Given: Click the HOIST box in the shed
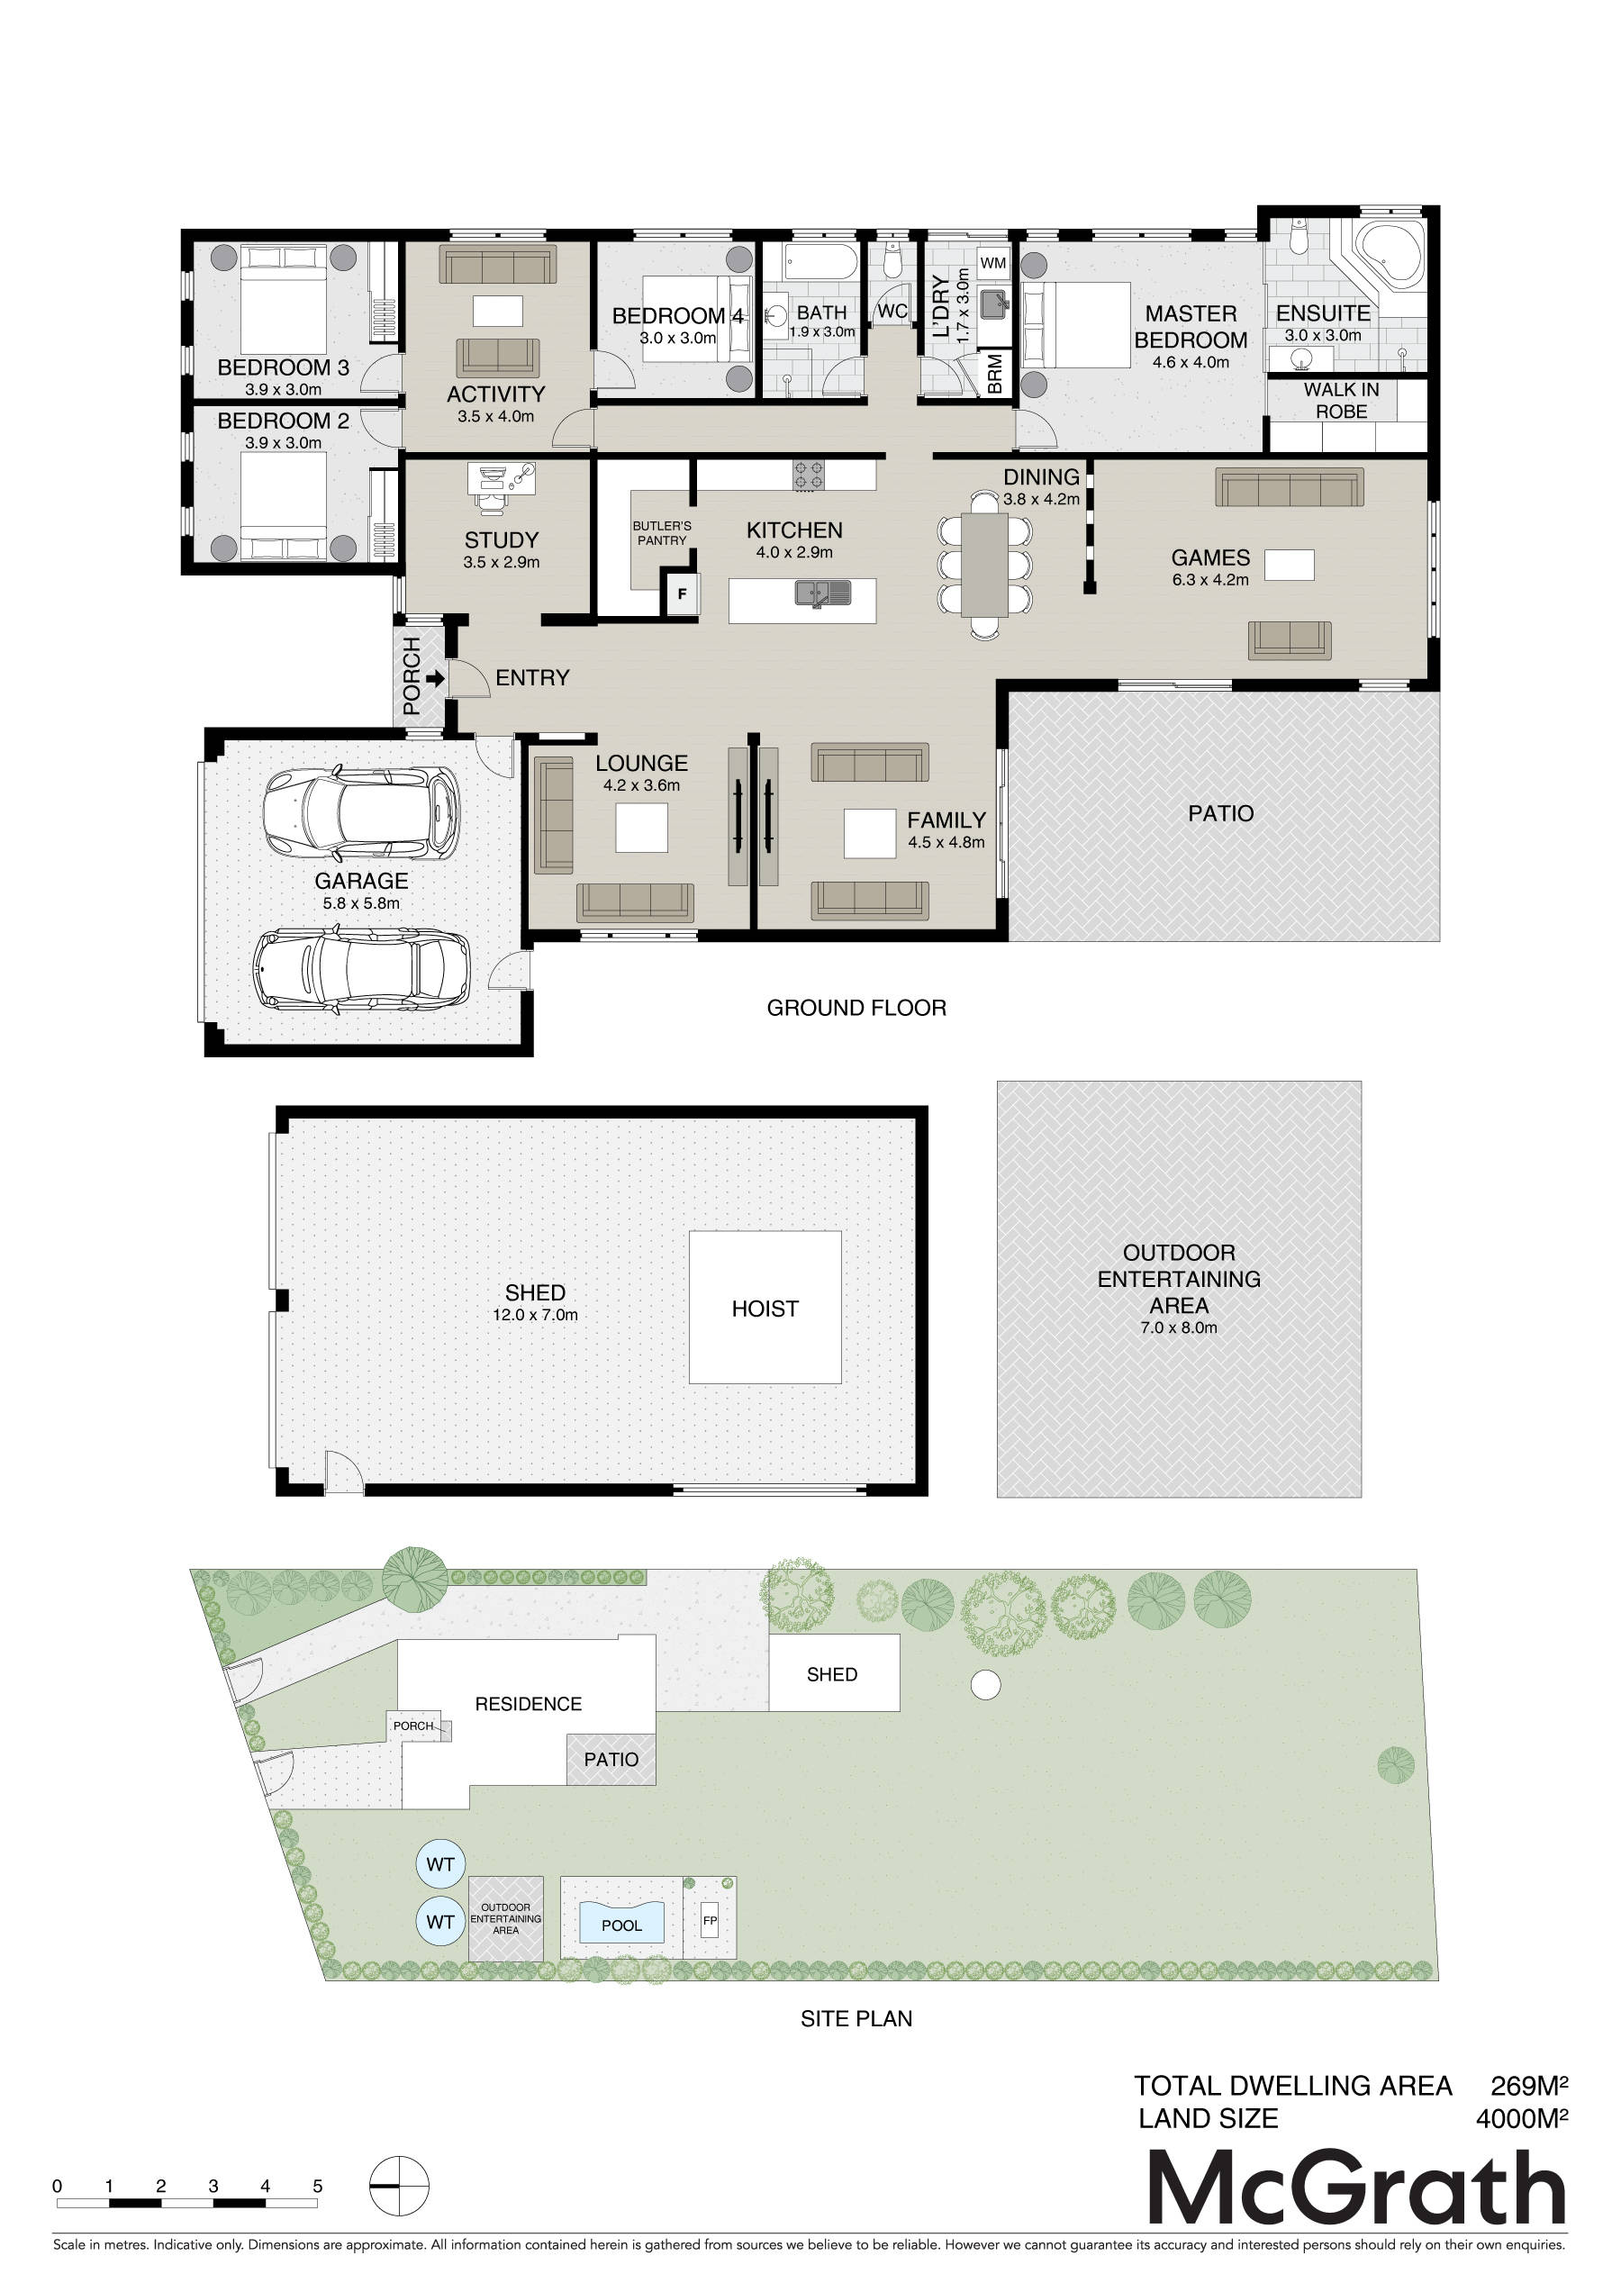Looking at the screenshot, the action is pyautogui.click(x=765, y=1307).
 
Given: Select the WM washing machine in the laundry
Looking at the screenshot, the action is pyautogui.click(x=993, y=264).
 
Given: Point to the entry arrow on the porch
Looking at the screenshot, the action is pyautogui.click(x=435, y=679).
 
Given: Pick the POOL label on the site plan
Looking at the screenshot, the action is pyautogui.click(x=622, y=1925).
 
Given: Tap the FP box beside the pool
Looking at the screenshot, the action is pyautogui.click(x=710, y=1921).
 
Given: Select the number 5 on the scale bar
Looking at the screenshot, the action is pyautogui.click(x=317, y=2187).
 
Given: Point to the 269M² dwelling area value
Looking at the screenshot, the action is pyautogui.click(x=1529, y=2086).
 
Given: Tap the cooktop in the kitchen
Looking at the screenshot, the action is pyautogui.click(x=809, y=476).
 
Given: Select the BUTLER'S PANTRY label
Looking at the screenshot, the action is pyautogui.click(x=662, y=533).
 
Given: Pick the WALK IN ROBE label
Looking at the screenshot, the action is pyautogui.click(x=1341, y=400).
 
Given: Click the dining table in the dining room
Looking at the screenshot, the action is pyautogui.click(x=985, y=564).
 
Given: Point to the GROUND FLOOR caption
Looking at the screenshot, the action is pyautogui.click(x=856, y=1009).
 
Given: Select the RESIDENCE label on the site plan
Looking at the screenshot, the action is pyautogui.click(x=528, y=1704).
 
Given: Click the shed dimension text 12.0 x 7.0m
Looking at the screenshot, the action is pyautogui.click(x=535, y=1316).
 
